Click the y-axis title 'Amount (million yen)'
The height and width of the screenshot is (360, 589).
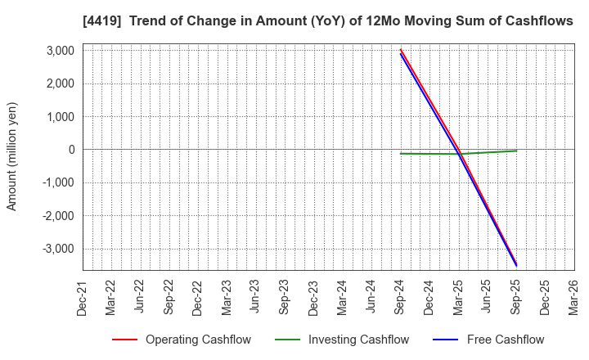coord(11,156)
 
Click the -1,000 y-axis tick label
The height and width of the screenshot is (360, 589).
coord(56,182)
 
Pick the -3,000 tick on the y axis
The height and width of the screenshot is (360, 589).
coord(56,249)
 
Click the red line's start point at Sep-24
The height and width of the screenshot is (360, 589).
coord(400,49)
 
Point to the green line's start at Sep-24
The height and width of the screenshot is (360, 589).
coord(400,153)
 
